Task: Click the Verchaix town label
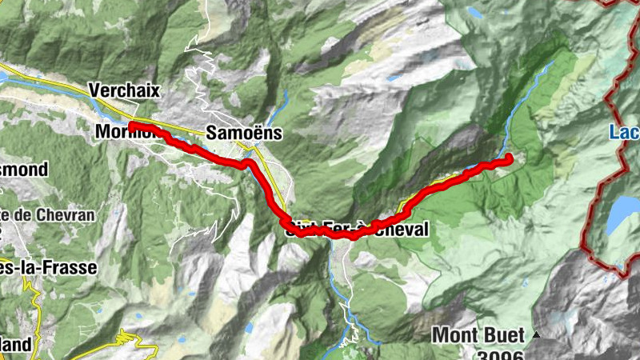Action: coord(125,89)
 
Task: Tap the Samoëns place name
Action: coord(244,133)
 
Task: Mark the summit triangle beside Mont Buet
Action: coord(537,334)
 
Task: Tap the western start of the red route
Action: coord(130,126)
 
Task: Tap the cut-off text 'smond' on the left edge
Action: coord(24,170)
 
